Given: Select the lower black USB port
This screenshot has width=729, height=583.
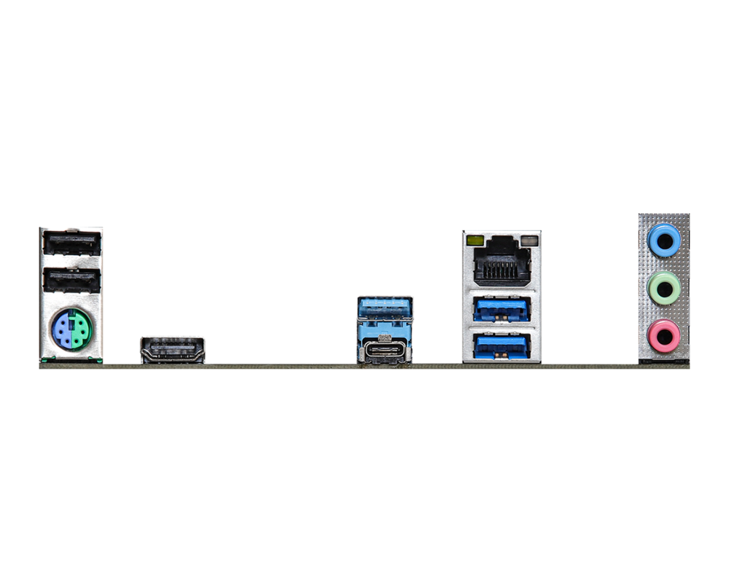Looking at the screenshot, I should pyautogui.click(x=71, y=281).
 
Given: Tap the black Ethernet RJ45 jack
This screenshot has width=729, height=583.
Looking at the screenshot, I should pyautogui.click(x=502, y=261).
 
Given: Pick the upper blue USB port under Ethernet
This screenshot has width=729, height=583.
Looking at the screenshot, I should pyautogui.click(x=502, y=307).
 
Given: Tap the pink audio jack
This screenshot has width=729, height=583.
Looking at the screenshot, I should pyautogui.click(x=664, y=334).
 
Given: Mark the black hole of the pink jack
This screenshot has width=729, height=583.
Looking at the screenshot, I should pyautogui.click(x=664, y=334).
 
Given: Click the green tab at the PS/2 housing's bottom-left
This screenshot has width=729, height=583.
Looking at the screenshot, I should pyautogui.click(x=45, y=359).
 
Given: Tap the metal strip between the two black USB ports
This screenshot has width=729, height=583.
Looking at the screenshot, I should pyautogui.click(x=71, y=261).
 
